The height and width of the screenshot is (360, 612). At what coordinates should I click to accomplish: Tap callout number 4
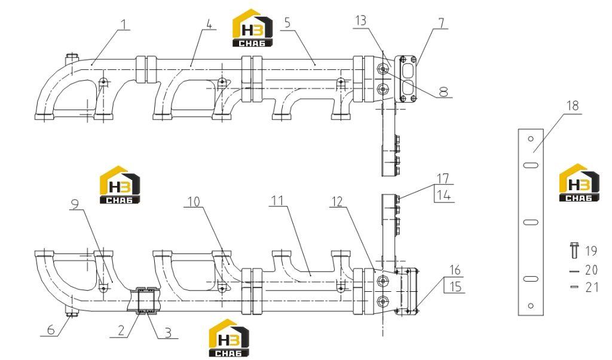(209, 24)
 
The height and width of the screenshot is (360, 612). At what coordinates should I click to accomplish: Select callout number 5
(287, 23)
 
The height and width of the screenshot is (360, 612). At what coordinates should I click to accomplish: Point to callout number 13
(360, 20)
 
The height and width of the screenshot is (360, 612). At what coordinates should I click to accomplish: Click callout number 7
(441, 23)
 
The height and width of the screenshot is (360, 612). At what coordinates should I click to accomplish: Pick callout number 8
(443, 91)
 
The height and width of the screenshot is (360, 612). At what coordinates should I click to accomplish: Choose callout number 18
(573, 106)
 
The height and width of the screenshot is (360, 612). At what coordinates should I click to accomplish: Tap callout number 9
(75, 204)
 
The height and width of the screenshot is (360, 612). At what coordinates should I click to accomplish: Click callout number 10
(194, 202)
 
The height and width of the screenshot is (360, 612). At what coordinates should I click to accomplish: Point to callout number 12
(336, 202)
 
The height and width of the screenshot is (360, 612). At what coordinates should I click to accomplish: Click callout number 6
(51, 330)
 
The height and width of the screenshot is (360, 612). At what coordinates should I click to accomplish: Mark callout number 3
(168, 332)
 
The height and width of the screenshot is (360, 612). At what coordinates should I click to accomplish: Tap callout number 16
(455, 270)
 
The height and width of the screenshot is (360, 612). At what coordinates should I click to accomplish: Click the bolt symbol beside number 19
(574, 251)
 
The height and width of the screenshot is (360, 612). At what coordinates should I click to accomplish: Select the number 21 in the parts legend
(592, 288)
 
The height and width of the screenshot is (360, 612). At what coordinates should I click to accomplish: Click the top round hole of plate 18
(531, 139)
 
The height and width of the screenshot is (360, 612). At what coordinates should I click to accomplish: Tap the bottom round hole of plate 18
(531, 306)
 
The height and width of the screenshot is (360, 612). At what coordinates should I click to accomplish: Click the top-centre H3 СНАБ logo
(253, 28)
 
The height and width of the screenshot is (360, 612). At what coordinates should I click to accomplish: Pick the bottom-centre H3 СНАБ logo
(229, 338)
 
